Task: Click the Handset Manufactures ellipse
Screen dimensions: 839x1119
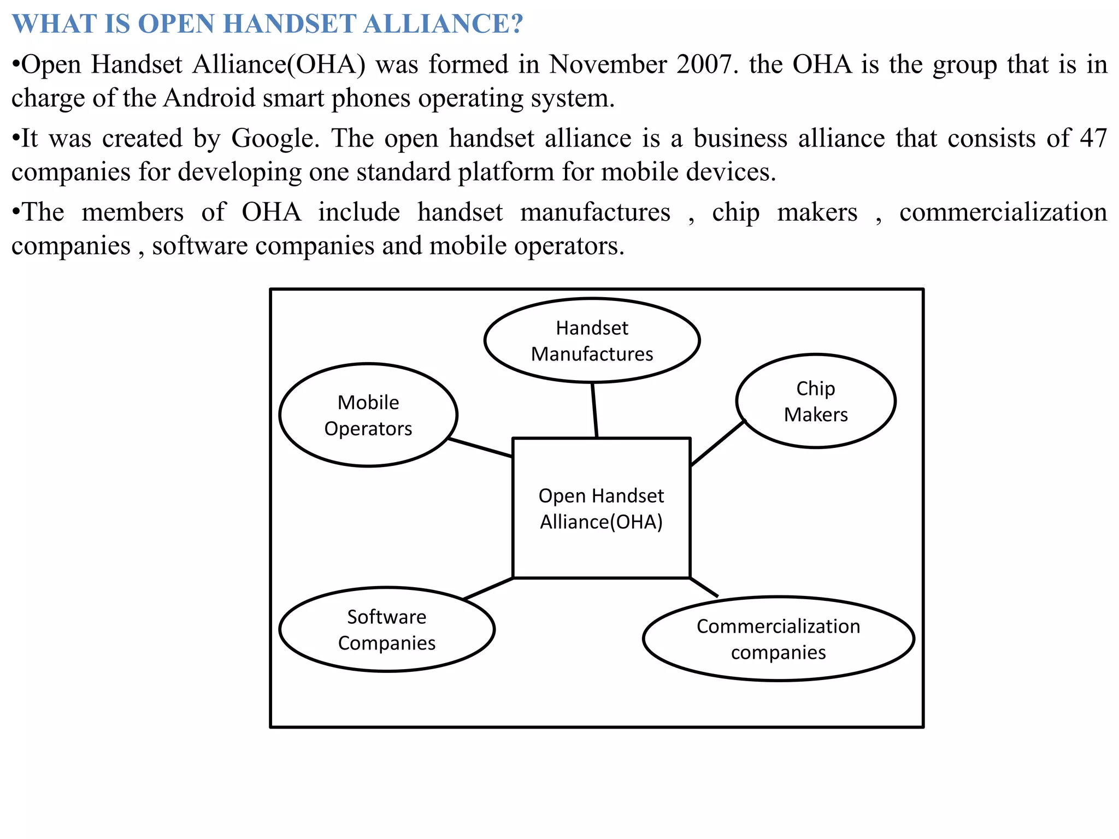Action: pos(592,340)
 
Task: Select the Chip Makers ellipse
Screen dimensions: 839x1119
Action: pos(815,401)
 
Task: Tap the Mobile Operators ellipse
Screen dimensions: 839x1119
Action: pos(368,415)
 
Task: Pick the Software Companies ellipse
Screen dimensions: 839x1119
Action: pos(387,629)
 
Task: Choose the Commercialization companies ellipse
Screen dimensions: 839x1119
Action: pos(778,639)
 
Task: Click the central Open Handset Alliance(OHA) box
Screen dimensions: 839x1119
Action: pos(601,508)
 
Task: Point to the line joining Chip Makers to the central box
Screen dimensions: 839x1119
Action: pos(717,443)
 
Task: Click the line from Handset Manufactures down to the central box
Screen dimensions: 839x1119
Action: pos(594,410)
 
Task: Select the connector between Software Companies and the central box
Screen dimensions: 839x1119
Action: pos(488,588)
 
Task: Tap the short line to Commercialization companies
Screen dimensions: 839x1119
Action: pos(704,587)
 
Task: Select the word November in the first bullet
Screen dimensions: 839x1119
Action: pos(608,64)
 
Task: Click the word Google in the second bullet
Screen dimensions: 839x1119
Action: pos(275,138)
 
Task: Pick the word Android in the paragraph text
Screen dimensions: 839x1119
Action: pos(209,98)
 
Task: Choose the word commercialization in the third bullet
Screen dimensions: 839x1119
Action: pos(1003,212)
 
